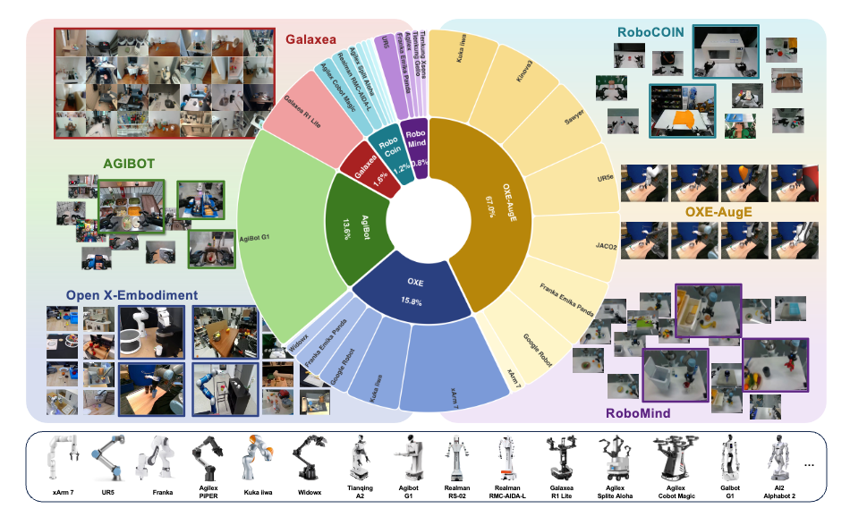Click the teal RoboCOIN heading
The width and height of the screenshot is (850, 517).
tap(651, 31)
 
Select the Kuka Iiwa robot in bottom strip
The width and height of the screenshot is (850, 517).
tap(251, 455)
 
